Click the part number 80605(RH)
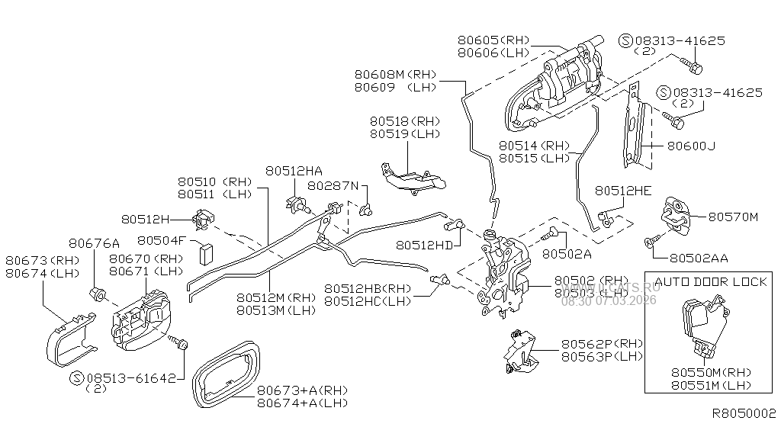pos(493,39)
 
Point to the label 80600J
pos(691,146)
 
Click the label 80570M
pos(733,217)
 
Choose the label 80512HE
pos(623,191)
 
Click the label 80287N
pos(333,185)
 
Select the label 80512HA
pos(294,172)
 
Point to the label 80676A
pos(94,244)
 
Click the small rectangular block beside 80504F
pos(205,251)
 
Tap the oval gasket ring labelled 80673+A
pos(226,373)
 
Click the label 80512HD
pos(424,245)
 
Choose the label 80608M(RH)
pos(395,75)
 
